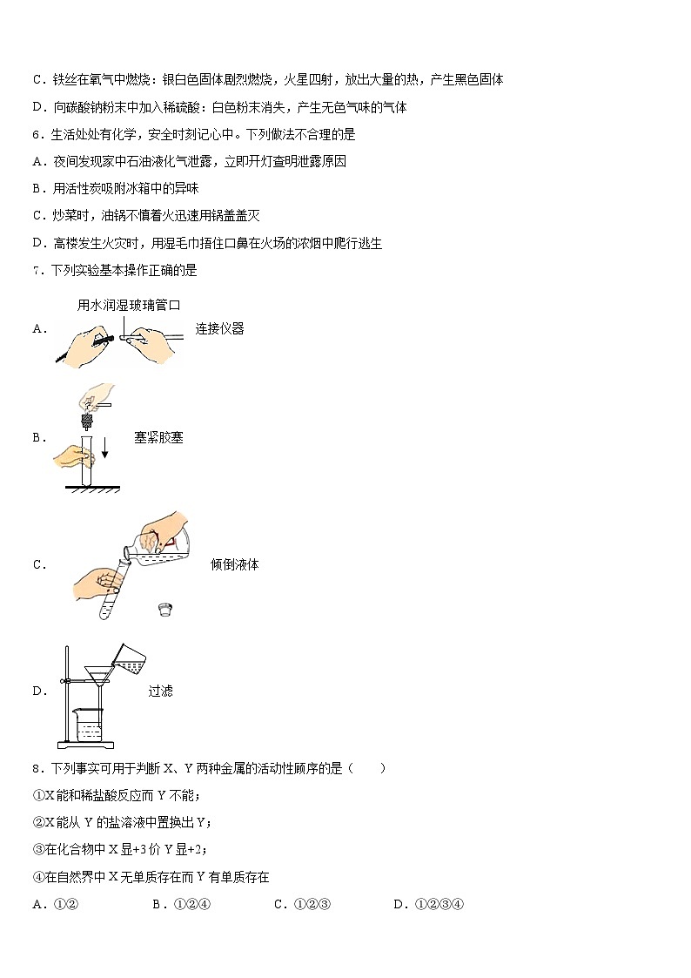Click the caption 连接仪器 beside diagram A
pos(219,329)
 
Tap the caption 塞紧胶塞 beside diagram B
pos(158,438)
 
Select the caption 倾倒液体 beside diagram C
pos(234,564)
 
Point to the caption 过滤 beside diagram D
pos(160,691)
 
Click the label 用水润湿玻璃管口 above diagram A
pos(128,305)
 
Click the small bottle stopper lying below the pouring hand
pos(163,609)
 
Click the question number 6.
pos(36,135)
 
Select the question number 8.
pos(36,768)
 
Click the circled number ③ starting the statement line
pos(38,850)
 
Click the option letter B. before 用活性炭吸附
pos(37,189)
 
